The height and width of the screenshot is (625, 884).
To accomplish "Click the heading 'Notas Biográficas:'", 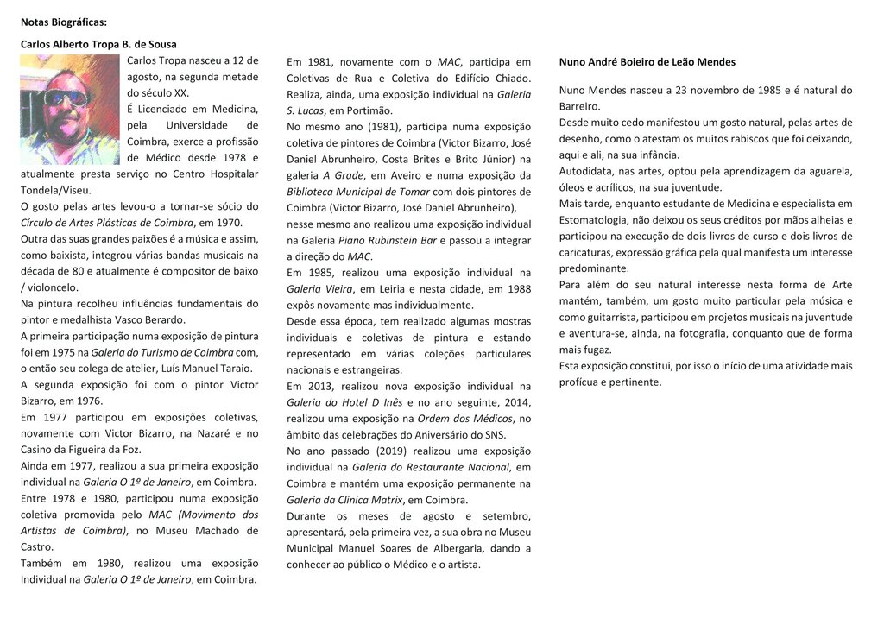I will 64,22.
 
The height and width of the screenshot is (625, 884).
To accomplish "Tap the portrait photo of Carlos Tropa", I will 70,110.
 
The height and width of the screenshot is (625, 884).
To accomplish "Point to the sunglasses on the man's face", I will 66,96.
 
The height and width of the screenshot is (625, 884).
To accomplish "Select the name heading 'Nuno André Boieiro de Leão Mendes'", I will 647,62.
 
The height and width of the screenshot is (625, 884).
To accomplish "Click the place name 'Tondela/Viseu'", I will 55,190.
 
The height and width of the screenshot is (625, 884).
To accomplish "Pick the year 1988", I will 518,288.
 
